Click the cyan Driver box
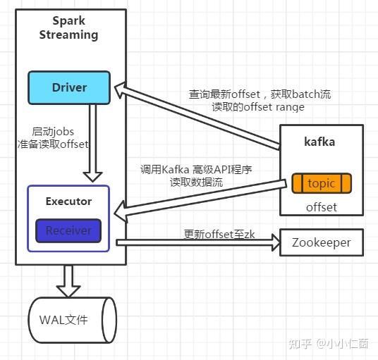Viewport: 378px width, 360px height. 69,87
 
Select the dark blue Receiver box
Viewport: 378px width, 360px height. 68,230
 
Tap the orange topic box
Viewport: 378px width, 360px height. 322,183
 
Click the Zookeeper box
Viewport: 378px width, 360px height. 321,242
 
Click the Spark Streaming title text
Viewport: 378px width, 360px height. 69,28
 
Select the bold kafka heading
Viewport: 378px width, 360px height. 320,142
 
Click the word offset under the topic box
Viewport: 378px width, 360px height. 321,207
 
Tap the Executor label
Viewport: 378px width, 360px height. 68,201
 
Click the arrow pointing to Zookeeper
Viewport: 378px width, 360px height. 197,242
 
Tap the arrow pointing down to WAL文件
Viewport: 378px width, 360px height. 69,280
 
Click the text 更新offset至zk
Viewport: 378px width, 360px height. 219,234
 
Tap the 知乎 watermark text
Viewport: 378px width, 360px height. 301,343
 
